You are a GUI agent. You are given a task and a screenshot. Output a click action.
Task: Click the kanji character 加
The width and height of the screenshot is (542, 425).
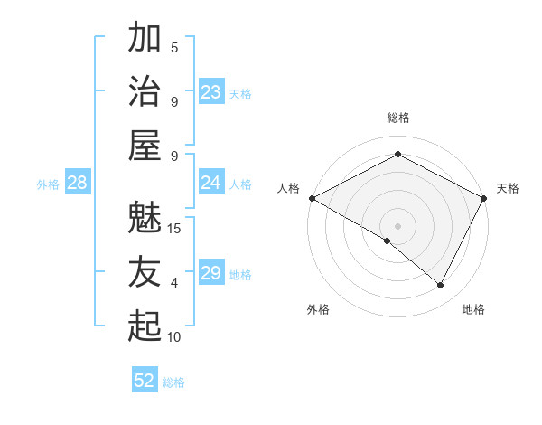(145, 39)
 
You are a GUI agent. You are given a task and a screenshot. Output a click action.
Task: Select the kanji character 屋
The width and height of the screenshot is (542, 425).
(145, 146)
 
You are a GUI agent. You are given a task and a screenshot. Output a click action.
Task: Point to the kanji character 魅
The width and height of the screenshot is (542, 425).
(145, 218)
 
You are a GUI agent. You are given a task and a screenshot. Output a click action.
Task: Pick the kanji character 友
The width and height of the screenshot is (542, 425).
(145, 272)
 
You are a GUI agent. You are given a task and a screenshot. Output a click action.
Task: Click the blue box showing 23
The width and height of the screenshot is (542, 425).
(210, 91)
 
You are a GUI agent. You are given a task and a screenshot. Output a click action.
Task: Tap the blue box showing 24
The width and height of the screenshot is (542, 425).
(210, 183)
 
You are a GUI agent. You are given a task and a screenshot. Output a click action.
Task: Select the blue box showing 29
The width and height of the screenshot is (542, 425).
(210, 273)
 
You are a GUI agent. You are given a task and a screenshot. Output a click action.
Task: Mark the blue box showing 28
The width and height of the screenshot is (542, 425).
(77, 183)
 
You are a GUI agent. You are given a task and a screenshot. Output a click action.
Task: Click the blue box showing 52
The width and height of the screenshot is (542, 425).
(144, 381)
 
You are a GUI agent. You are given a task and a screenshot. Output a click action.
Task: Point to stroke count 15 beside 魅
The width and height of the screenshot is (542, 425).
(174, 228)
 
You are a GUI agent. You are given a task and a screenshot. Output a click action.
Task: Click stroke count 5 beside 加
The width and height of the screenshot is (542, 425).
(174, 47)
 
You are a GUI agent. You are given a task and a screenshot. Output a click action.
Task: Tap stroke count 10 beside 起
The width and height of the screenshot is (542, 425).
(174, 336)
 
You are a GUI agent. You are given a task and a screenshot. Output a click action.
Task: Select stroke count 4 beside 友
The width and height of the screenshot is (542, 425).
(174, 282)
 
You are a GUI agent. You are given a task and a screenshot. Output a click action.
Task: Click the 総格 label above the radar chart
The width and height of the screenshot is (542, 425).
(397, 118)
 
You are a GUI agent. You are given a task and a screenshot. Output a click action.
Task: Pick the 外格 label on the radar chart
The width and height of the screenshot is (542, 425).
(318, 309)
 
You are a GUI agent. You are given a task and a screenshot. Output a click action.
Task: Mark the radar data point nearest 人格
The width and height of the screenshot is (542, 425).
(312, 198)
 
